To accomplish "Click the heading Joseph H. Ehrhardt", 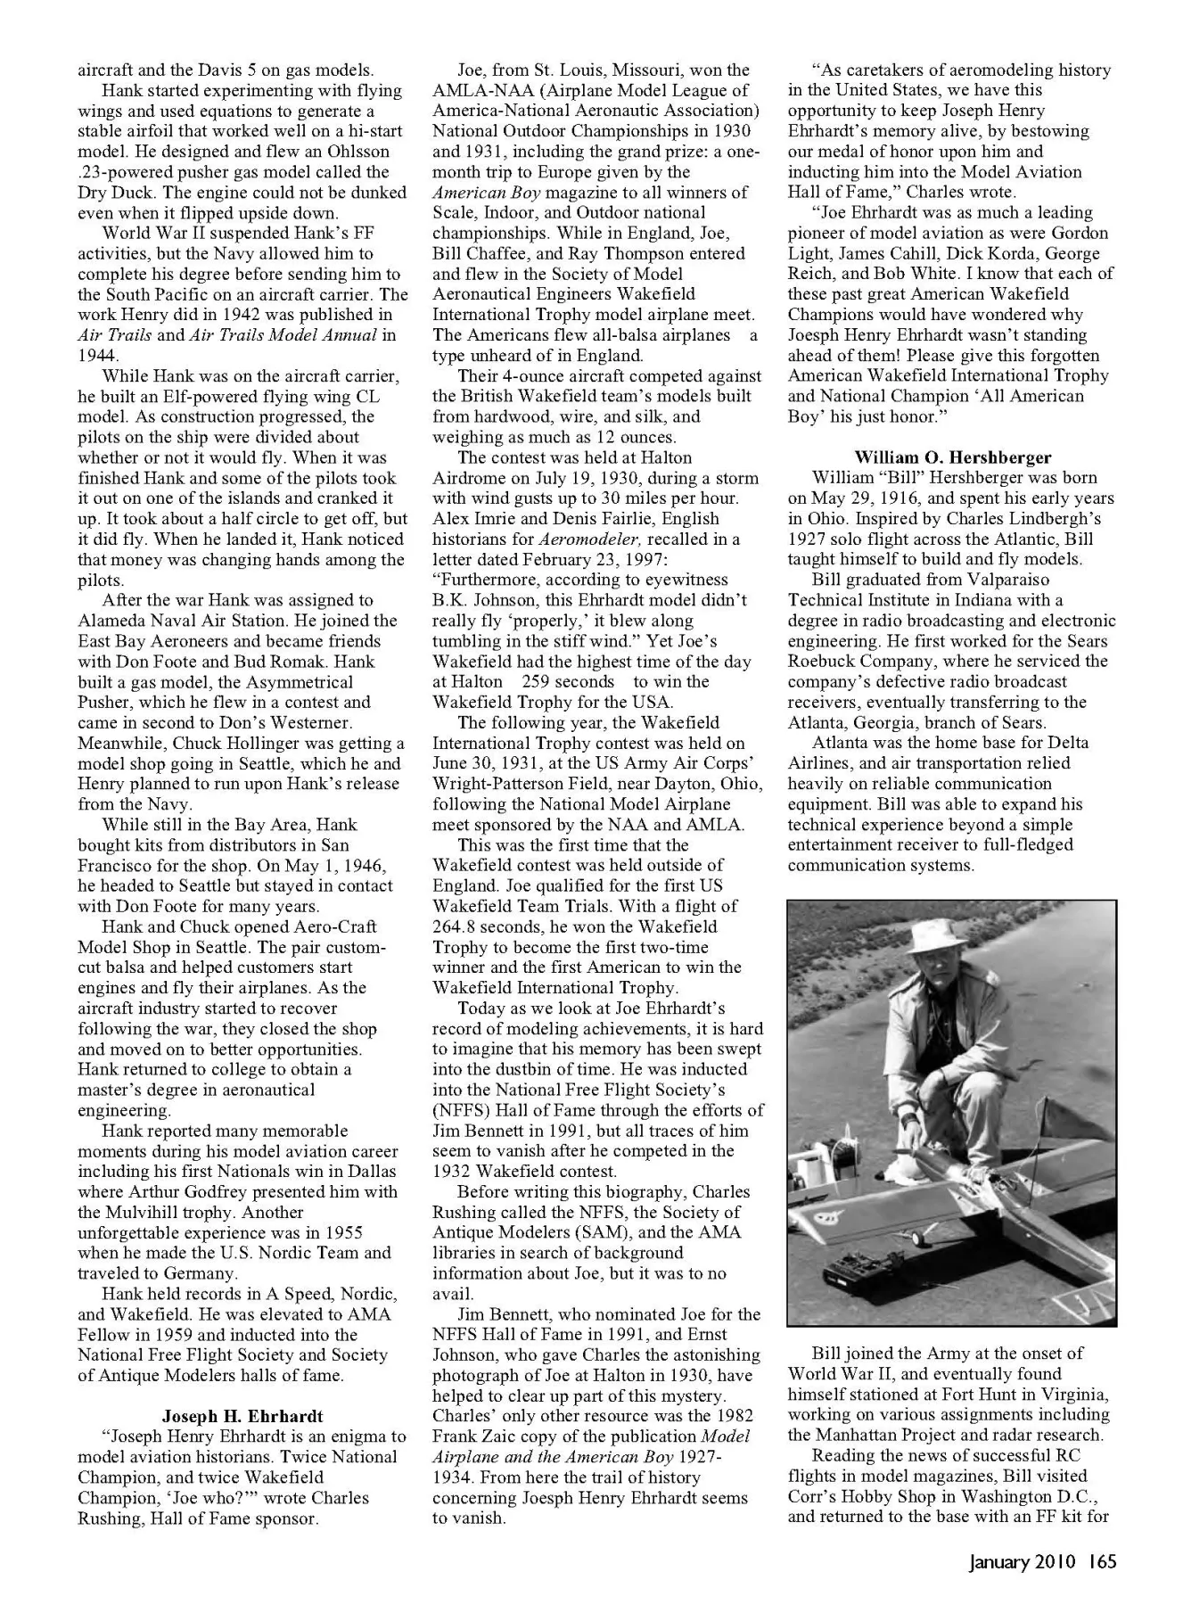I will click(x=242, y=1416).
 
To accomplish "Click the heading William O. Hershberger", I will click(x=952, y=457).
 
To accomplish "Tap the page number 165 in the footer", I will click(x=1102, y=1561).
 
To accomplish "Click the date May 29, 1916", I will click(x=863, y=498).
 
